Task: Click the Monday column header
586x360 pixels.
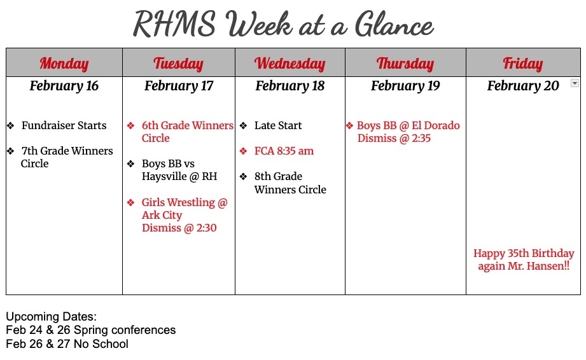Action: coord(64,63)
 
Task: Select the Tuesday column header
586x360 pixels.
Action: coord(178,63)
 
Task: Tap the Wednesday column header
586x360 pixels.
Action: coord(290,63)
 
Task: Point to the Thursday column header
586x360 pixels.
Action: coord(405,63)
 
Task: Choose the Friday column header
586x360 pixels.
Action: coord(522,63)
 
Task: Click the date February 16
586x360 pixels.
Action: coord(64,86)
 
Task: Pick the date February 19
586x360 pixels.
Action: coord(405,86)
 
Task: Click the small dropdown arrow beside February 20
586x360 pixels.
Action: coord(575,83)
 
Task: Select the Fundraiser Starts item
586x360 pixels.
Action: coord(64,126)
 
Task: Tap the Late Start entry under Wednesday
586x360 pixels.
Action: coord(278,126)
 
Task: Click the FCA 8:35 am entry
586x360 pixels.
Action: coord(284,151)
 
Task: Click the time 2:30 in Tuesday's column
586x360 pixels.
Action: coord(203,228)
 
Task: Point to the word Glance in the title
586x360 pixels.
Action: coord(394,26)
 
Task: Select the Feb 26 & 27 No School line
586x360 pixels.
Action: coord(67,344)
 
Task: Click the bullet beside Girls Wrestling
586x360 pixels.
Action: coord(130,203)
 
